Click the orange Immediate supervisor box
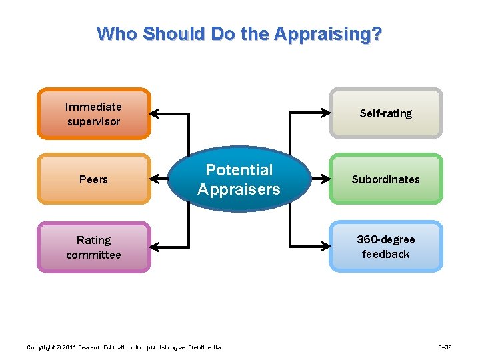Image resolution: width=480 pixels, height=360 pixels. click(x=93, y=114)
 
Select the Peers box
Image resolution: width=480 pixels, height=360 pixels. click(x=93, y=179)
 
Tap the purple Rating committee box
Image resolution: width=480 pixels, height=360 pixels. click(x=93, y=247)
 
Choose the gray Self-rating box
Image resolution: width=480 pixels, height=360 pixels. click(x=386, y=113)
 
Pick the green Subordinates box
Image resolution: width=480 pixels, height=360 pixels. click(x=386, y=179)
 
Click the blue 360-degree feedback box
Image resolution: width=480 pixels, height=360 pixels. click(x=386, y=247)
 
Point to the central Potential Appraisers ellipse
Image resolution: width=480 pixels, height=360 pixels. click(x=239, y=179)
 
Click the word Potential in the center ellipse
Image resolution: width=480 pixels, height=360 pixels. click(x=239, y=170)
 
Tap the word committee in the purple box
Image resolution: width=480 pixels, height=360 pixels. click(x=93, y=255)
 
